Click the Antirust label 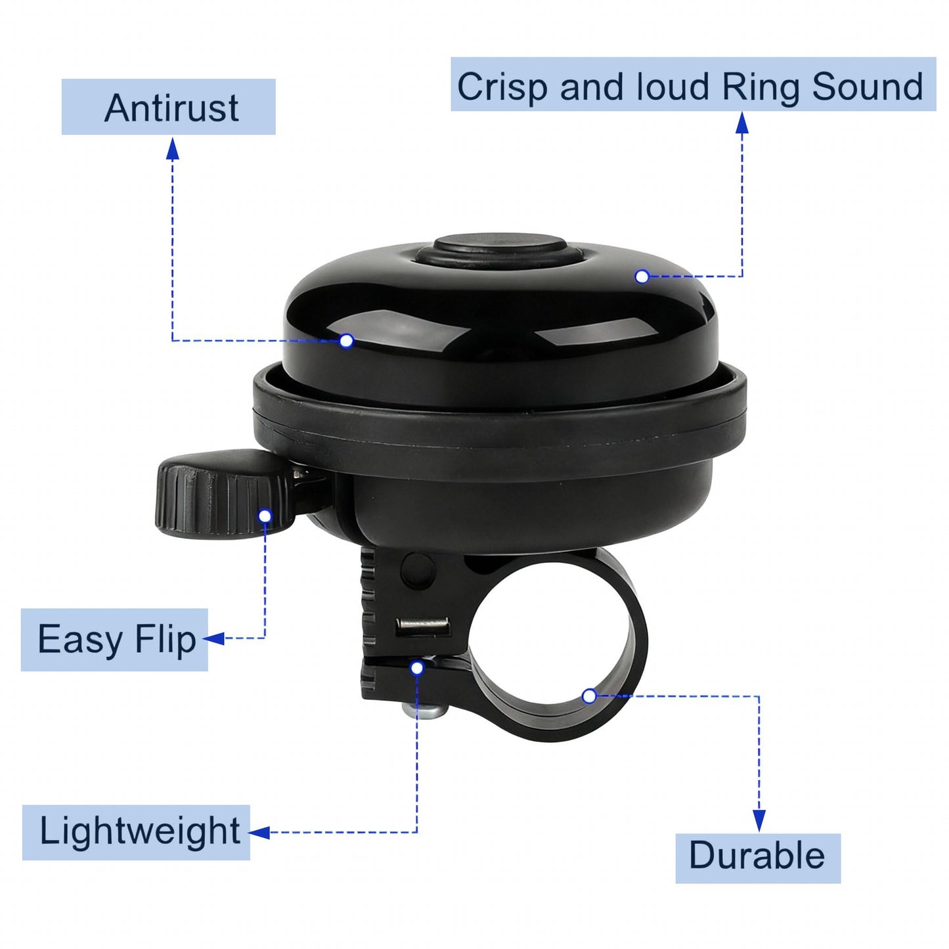[168, 107]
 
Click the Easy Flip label [114, 640]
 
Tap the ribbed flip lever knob [224, 494]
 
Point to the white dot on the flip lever [265, 516]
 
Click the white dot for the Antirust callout [347, 340]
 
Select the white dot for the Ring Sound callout [642, 276]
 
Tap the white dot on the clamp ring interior [589, 696]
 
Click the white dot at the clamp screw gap [417, 669]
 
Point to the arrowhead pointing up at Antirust [172, 148]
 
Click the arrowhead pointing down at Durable [759, 820]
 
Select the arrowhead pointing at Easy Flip [213, 638]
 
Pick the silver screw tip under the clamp [424, 709]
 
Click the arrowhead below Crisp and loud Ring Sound [741, 123]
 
